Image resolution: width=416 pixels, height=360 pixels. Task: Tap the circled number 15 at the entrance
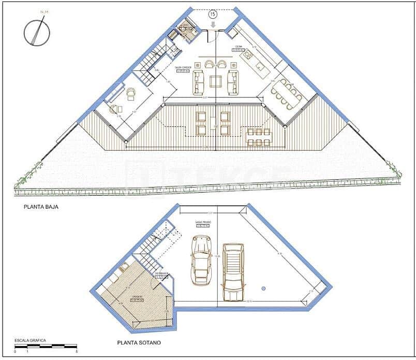[212, 15]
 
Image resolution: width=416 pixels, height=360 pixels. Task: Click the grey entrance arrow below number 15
[212, 24]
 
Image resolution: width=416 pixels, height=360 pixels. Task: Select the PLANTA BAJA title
[40, 207]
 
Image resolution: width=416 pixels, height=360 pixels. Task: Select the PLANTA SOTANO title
[139, 342]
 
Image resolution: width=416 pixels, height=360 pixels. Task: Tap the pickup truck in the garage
[233, 271]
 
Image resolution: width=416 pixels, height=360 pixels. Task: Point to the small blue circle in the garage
[263, 287]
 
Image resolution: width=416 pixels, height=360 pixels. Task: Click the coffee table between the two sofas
[216, 82]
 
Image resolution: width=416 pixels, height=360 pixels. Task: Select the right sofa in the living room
[233, 82]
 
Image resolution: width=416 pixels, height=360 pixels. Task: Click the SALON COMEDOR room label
[183, 68]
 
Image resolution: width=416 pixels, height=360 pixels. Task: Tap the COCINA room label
[239, 47]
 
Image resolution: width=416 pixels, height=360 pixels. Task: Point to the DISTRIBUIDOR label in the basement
[162, 273]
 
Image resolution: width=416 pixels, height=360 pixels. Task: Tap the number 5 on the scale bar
[77, 352]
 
